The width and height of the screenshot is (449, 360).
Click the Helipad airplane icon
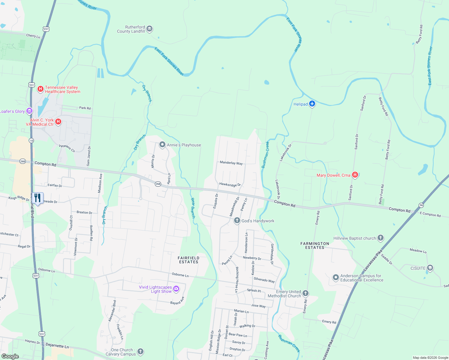(x=312, y=104)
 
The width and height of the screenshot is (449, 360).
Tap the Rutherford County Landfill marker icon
(x=149, y=29)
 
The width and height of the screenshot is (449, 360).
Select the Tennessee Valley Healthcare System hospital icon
(x=40, y=89)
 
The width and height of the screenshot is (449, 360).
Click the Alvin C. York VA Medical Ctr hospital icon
(x=59, y=122)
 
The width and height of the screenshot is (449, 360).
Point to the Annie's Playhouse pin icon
(x=162, y=145)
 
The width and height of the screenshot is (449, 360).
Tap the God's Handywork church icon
(x=237, y=220)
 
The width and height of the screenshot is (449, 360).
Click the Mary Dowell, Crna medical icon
(x=355, y=175)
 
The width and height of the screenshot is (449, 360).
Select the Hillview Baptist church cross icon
(x=381, y=238)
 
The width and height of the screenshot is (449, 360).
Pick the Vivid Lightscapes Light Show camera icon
(x=176, y=289)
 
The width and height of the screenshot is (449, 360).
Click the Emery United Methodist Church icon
(x=306, y=293)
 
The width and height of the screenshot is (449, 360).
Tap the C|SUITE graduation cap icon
(x=430, y=268)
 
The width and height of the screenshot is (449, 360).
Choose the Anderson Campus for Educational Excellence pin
(x=336, y=277)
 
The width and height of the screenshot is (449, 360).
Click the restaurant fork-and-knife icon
(x=38, y=198)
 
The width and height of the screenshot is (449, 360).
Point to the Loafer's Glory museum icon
(x=29, y=111)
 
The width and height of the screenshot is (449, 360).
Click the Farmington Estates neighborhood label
(x=315, y=245)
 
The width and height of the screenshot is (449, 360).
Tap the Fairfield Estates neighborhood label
(x=188, y=260)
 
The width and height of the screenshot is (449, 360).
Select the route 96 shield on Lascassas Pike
(x=421, y=205)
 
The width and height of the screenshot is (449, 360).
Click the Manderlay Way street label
(x=231, y=163)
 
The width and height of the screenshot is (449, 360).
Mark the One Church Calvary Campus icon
(x=140, y=351)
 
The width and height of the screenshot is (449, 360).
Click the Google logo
(x=10, y=356)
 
